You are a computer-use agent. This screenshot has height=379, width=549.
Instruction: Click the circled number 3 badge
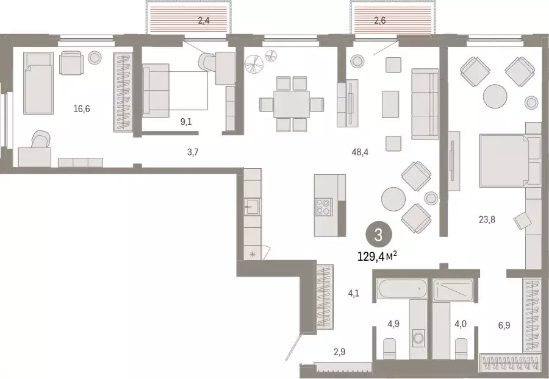[x=378, y=235]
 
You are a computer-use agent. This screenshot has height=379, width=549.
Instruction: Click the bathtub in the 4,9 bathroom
[x=401, y=288]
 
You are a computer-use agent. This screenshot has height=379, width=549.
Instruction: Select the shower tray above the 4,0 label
[x=453, y=289]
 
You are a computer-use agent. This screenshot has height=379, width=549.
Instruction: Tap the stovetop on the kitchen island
[x=322, y=207]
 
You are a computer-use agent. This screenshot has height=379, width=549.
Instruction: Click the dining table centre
[x=291, y=104]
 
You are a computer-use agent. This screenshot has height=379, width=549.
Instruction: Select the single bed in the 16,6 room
[x=38, y=82]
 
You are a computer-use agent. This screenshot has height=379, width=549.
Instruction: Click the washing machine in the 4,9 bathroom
[x=419, y=336]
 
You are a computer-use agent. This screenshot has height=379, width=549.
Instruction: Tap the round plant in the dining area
[x=253, y=63]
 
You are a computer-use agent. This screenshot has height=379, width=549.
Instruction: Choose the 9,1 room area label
[x=187, y=122]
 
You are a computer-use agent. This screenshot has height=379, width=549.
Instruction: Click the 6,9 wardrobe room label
[x=504, y=325]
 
